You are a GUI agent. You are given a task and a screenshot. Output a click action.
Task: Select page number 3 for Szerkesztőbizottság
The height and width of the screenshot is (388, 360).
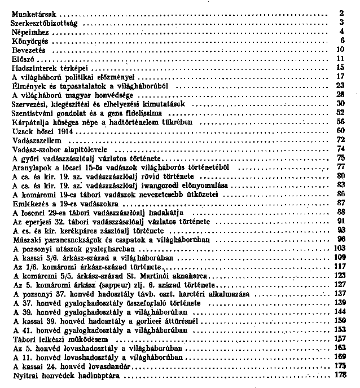tap(342, 23)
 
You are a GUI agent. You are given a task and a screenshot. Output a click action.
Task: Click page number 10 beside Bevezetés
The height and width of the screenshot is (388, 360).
tap(340, 49)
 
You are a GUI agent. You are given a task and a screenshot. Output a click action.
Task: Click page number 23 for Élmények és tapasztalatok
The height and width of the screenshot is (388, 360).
tap(340, 85)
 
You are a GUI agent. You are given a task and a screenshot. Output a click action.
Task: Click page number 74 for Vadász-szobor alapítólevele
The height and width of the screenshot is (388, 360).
tap(340, 149)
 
